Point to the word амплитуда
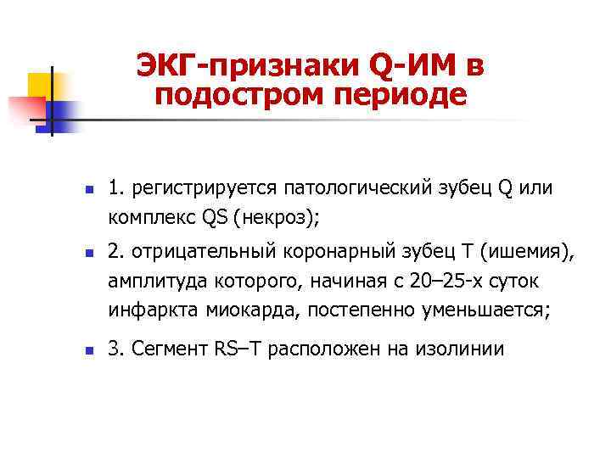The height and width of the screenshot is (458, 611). pos(148,282)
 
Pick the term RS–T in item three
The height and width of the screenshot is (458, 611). pos(221,349)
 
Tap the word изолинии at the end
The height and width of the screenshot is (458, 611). pos(463,349)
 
